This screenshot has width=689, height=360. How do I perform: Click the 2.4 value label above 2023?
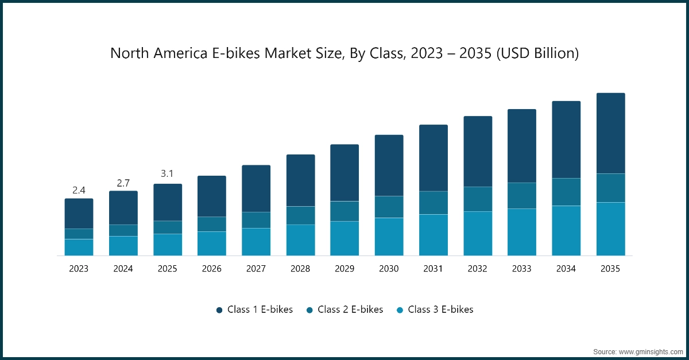coord(79,190)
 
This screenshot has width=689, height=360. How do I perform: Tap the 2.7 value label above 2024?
coord(123,183)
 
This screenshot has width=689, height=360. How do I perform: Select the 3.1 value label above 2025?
coord(167,173)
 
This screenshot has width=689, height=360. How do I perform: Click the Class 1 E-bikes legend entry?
coord(254,309)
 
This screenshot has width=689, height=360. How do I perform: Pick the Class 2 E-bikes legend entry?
coord(344,309)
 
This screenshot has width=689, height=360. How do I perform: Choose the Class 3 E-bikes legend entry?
coord(435,309)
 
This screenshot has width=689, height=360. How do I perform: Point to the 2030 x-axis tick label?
coord(389,269)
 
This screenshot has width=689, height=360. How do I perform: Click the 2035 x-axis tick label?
coord(610,269)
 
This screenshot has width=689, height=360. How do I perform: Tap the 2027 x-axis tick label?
coord(256,269)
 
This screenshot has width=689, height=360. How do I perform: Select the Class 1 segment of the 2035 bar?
coord(610,133)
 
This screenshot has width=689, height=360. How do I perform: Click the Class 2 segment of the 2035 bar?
coord(610,188)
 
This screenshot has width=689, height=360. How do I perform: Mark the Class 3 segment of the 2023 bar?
coord(79,247)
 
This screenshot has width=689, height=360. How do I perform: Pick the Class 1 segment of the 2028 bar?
coord(300,180)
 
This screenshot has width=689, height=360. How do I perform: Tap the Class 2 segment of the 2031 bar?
coord(433,203)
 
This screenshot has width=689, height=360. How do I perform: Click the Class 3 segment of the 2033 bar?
coord(522,232)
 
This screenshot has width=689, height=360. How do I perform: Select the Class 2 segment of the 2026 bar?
coord(212,224)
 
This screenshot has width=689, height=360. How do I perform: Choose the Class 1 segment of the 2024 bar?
coord(123,208)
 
